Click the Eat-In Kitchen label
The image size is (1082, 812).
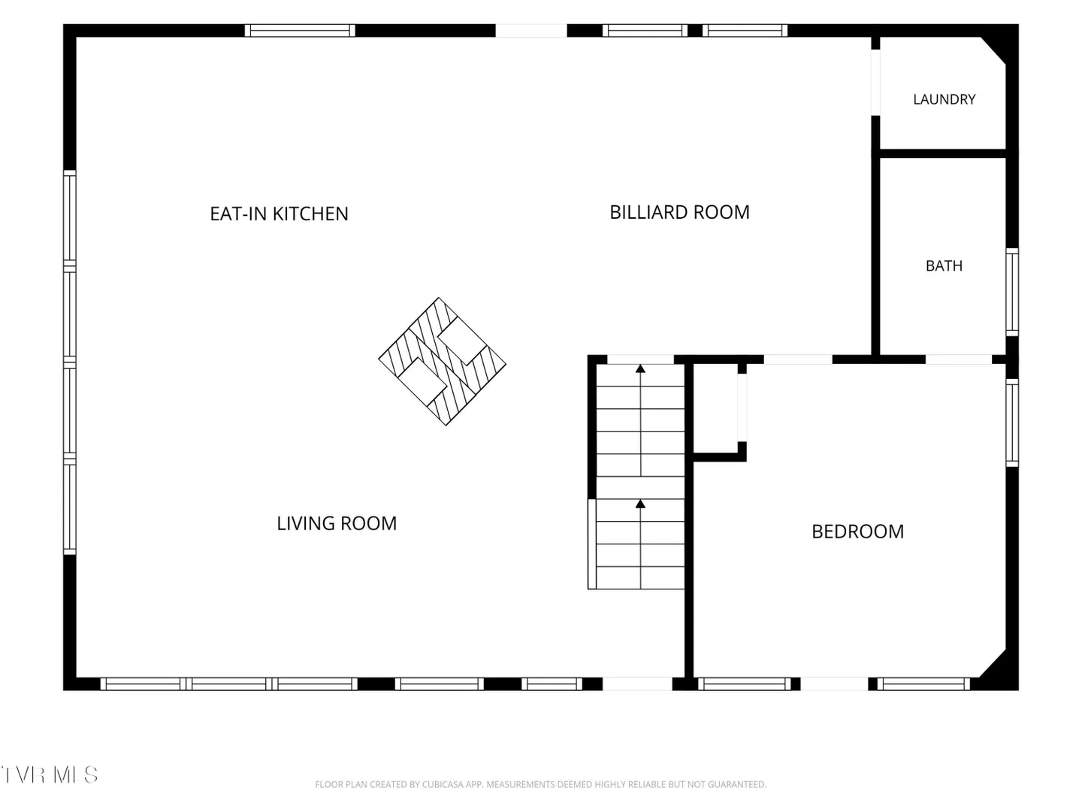click(x=279, y=214)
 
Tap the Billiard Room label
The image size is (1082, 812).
click(x=679, y=212)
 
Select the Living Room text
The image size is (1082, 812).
click(x=337, y=523)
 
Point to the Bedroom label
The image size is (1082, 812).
click(x=858, y=532)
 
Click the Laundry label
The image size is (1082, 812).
click(x=944, y=99)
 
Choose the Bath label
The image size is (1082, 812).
click(x=944, y=265)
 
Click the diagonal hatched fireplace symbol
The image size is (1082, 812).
click(x=442, y=362)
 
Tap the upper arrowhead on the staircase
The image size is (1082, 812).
click(x=640, y=368)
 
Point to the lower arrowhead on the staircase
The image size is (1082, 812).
click(x=640, y=504)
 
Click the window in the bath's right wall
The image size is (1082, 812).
click(x=1011, y=292)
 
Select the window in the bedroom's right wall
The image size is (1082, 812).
click(x=1011, y=423)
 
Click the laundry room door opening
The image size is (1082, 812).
click(x=875, y=83)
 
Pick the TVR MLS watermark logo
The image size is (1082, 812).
click(x=50, y=775)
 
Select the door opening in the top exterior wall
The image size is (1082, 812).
click(x=531, y=31)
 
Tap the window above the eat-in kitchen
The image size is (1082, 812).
click(x=300, y=31)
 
